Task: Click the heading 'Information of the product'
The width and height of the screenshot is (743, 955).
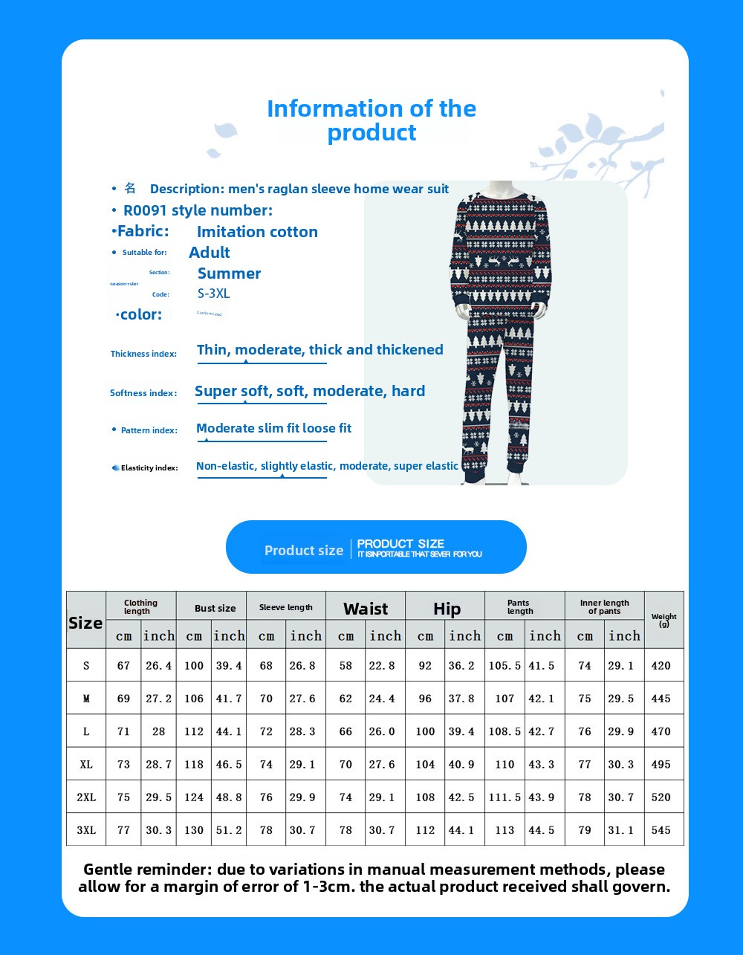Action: (x=371, y=120)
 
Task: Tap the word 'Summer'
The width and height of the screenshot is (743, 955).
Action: (x=229, y=273)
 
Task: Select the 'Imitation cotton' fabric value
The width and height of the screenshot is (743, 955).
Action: (x=257, y=232)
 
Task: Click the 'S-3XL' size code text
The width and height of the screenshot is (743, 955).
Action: (x=214, y=294)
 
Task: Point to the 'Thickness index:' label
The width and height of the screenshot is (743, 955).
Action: (x=143, y=354)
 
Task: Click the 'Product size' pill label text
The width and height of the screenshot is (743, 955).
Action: (x=304, y=551)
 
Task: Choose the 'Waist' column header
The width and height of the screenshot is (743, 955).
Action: (x=366, y=609)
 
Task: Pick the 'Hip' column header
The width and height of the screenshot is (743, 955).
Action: (x=447, y=609)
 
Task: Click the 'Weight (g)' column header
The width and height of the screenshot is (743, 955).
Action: (x=663, y=620)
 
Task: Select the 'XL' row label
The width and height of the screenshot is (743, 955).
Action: (x=86, y=764)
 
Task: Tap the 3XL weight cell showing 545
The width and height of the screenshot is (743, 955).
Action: (x=661, y=830)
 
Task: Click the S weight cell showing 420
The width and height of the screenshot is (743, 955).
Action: (x=661, y=666)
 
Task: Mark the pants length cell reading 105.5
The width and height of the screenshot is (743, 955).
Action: (x=504, y=666)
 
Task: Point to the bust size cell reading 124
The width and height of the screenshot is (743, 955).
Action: (x=194, y=797)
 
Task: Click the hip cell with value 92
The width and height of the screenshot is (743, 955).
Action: (x=425, y=666)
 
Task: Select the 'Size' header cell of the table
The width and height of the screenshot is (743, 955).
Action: (x=85, y=623)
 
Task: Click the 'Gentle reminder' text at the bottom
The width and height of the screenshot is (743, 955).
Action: (x=374, y=878)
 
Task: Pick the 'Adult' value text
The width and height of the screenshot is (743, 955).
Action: (x=210, y=253)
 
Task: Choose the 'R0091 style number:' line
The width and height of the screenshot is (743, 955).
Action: (x=198, y=210)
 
